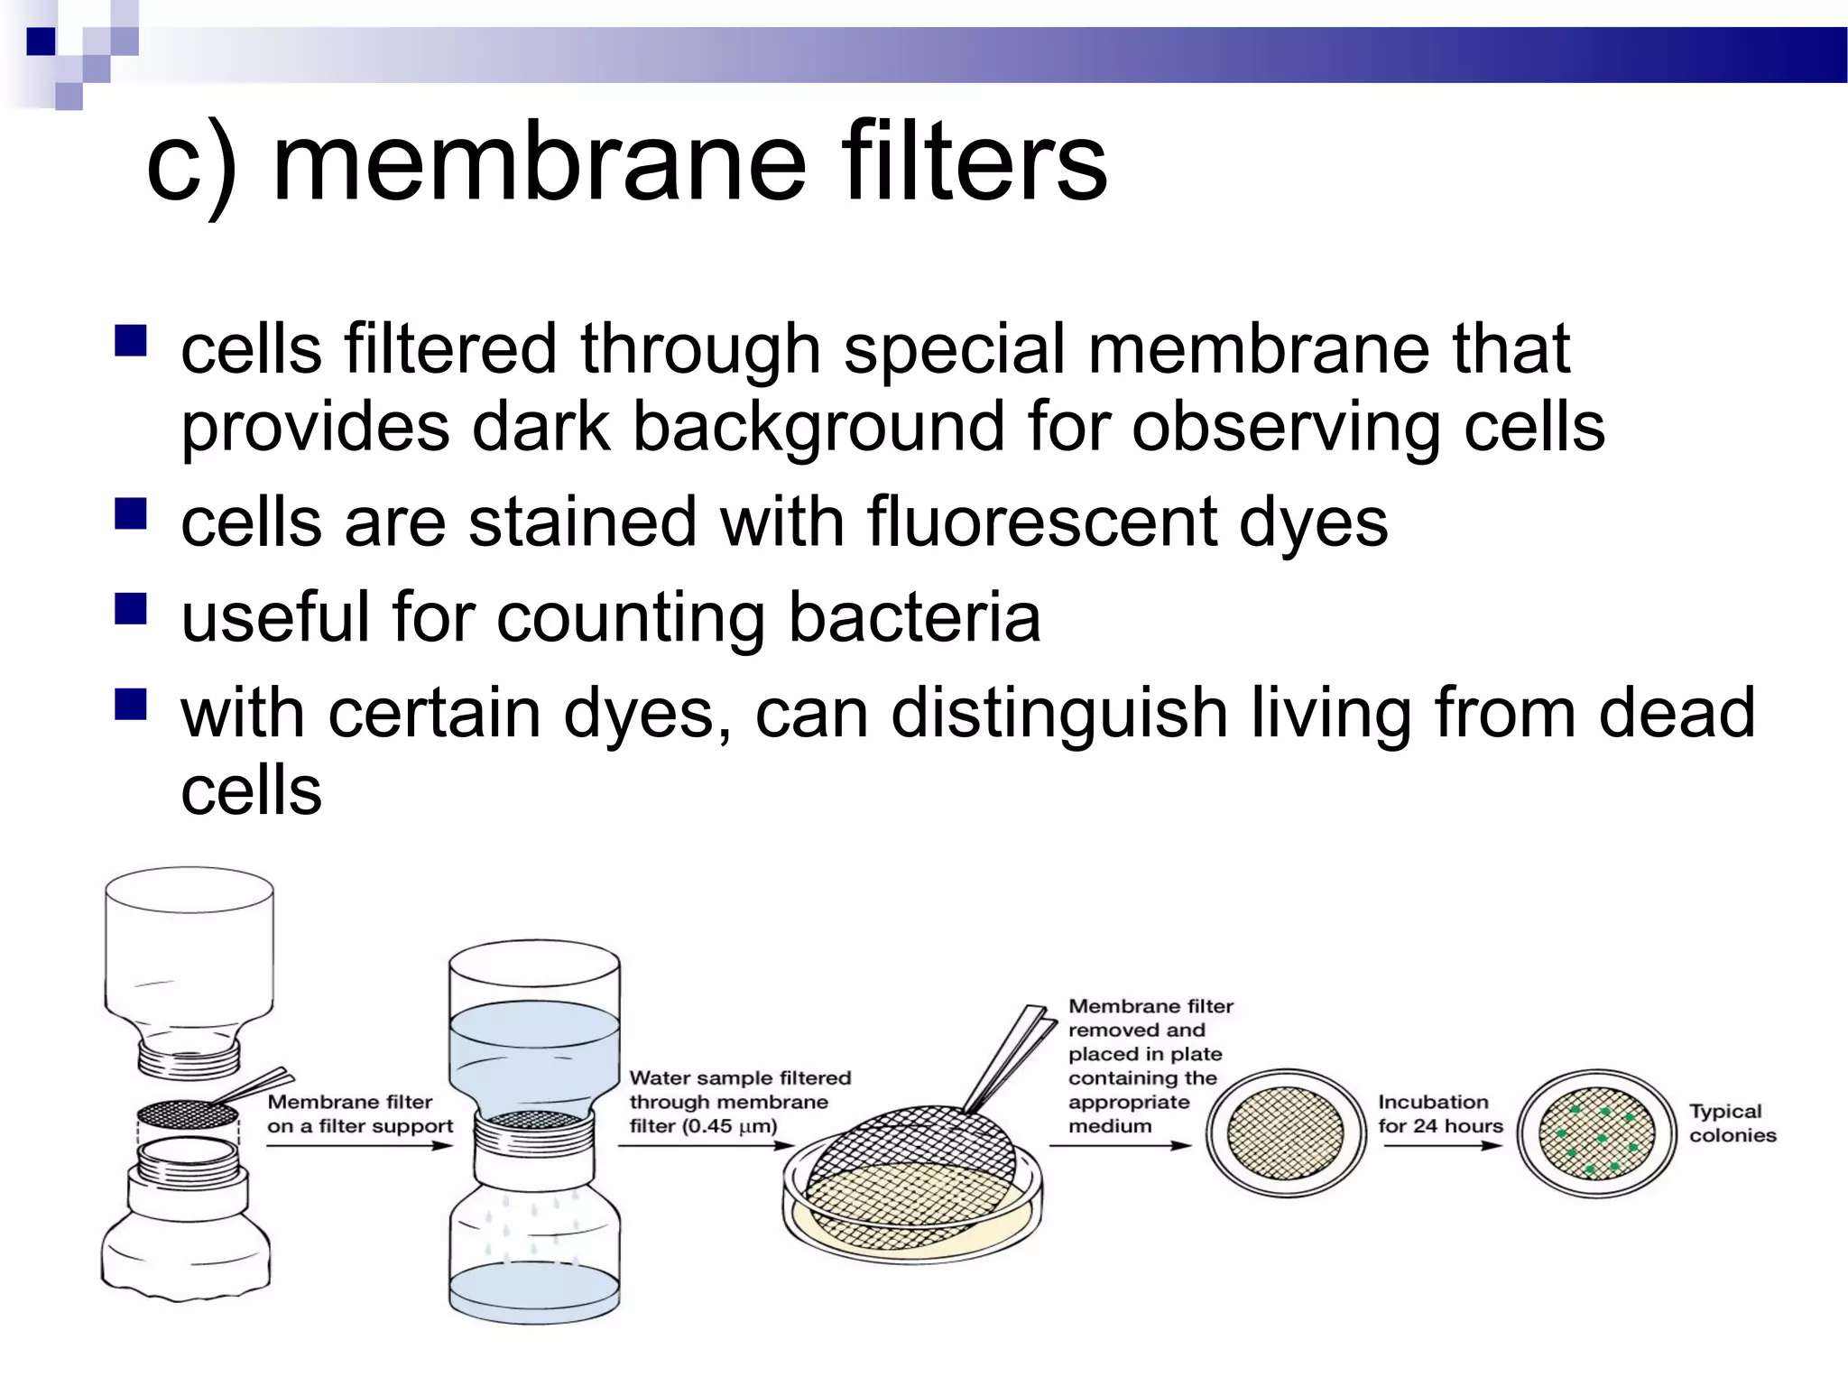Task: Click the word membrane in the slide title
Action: point(539,164)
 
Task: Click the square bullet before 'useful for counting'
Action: point(131,609)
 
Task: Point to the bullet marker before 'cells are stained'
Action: point(131,513)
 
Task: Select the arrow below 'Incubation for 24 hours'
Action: point(1442,1146)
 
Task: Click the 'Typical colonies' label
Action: point(1732,1123)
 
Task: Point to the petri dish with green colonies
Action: point(1595,1134)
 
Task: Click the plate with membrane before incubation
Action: point(1286,1133)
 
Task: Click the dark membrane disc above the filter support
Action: point(188,1115)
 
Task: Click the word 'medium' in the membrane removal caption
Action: point(1110,1126)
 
